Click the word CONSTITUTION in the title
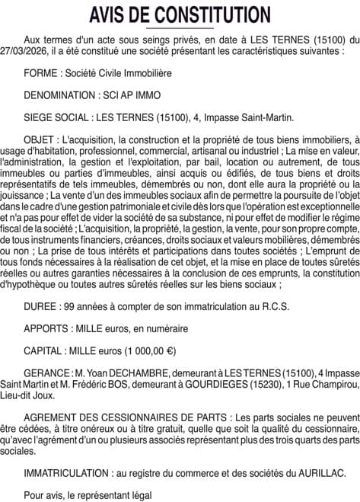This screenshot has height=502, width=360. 212,14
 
